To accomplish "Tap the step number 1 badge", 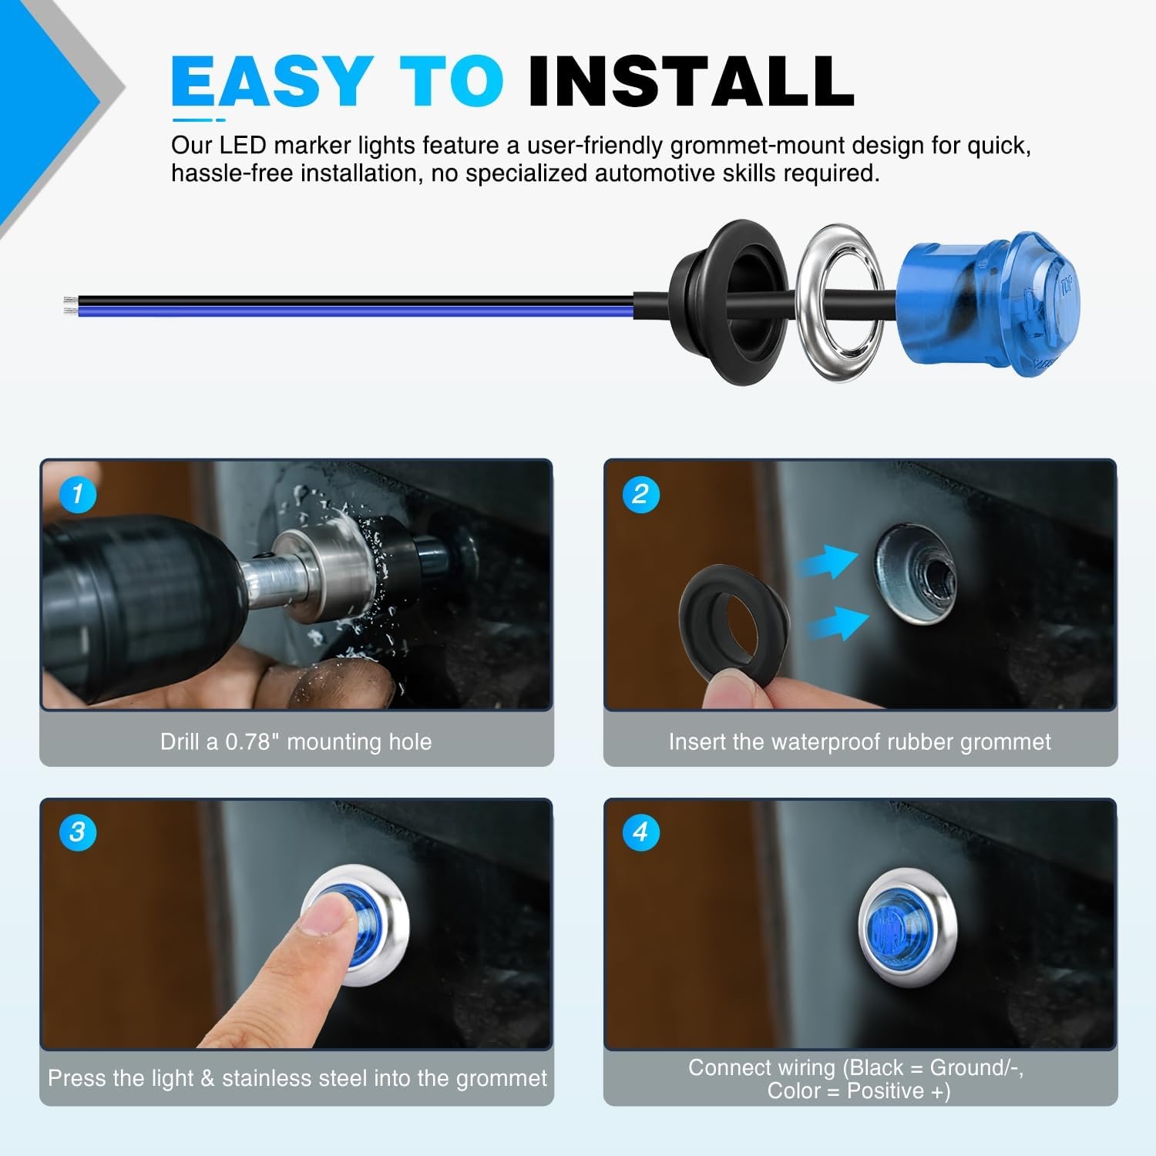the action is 77,494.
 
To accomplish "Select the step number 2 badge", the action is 640,494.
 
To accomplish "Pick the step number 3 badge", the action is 77,832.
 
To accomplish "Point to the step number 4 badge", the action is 640,832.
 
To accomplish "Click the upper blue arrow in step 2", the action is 828,563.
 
